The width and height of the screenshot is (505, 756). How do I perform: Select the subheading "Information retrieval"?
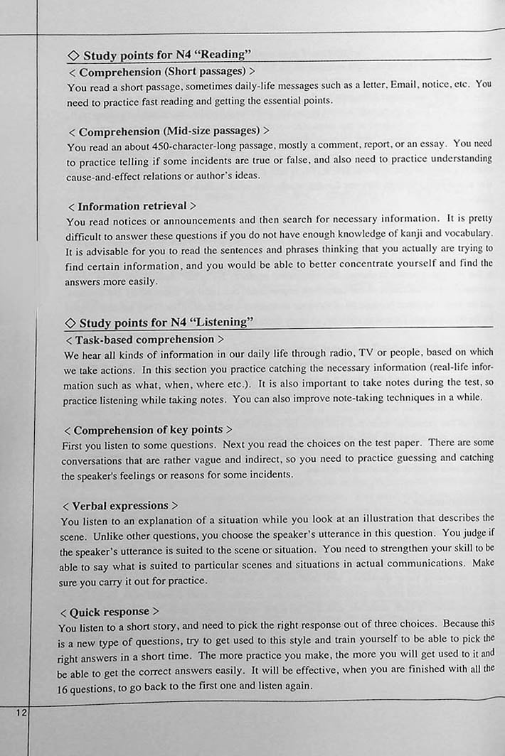click(132, 206)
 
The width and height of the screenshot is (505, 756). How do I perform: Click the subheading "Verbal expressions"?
click(120, 506)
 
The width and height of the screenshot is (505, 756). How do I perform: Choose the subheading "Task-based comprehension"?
click(144, 340)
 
